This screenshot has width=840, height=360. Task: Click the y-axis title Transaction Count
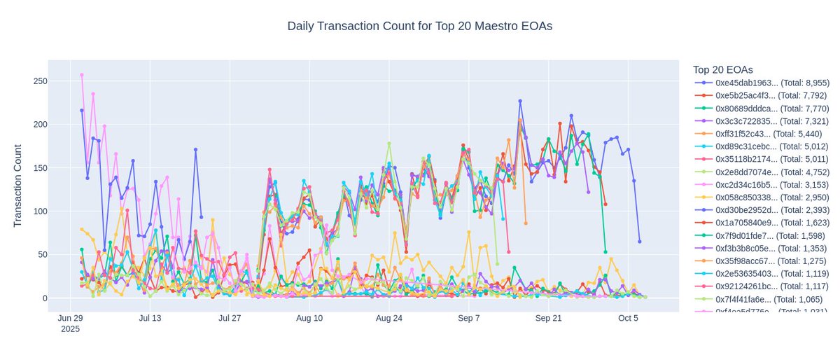coord(19,185)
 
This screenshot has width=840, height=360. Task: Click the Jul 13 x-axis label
coord(150,318)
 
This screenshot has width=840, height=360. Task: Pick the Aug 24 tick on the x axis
coord(388,318)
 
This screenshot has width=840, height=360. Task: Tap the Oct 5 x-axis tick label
coord(628,318)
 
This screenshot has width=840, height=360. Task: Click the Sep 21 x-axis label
coord(548,318)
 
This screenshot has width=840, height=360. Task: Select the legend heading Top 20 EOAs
coord(722,69)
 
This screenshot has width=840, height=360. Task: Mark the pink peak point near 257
coord(82,75)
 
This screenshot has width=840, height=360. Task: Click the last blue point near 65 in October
coord(639,242)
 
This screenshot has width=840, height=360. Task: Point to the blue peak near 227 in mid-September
coord(520,101)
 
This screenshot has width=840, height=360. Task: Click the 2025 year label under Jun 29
coord(70,329)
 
